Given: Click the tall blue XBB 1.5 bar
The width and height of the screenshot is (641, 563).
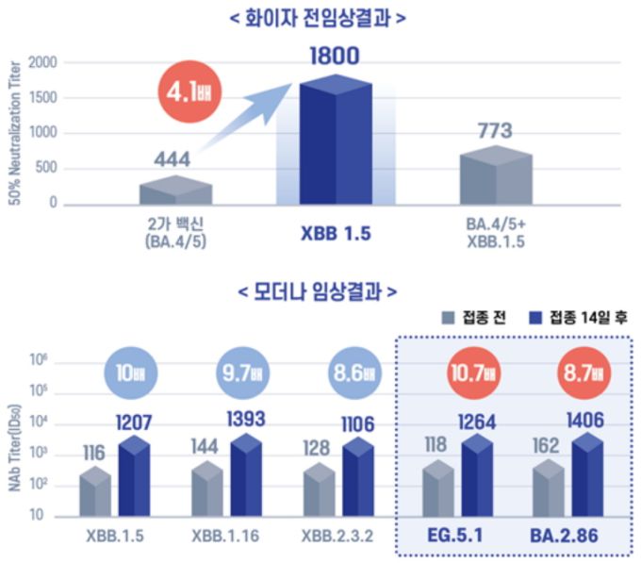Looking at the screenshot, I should (x=336, y=141).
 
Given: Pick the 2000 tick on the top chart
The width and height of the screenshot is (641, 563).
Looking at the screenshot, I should (x=41, y=63).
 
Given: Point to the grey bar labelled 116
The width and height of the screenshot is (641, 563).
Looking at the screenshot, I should (x=94, y=491).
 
